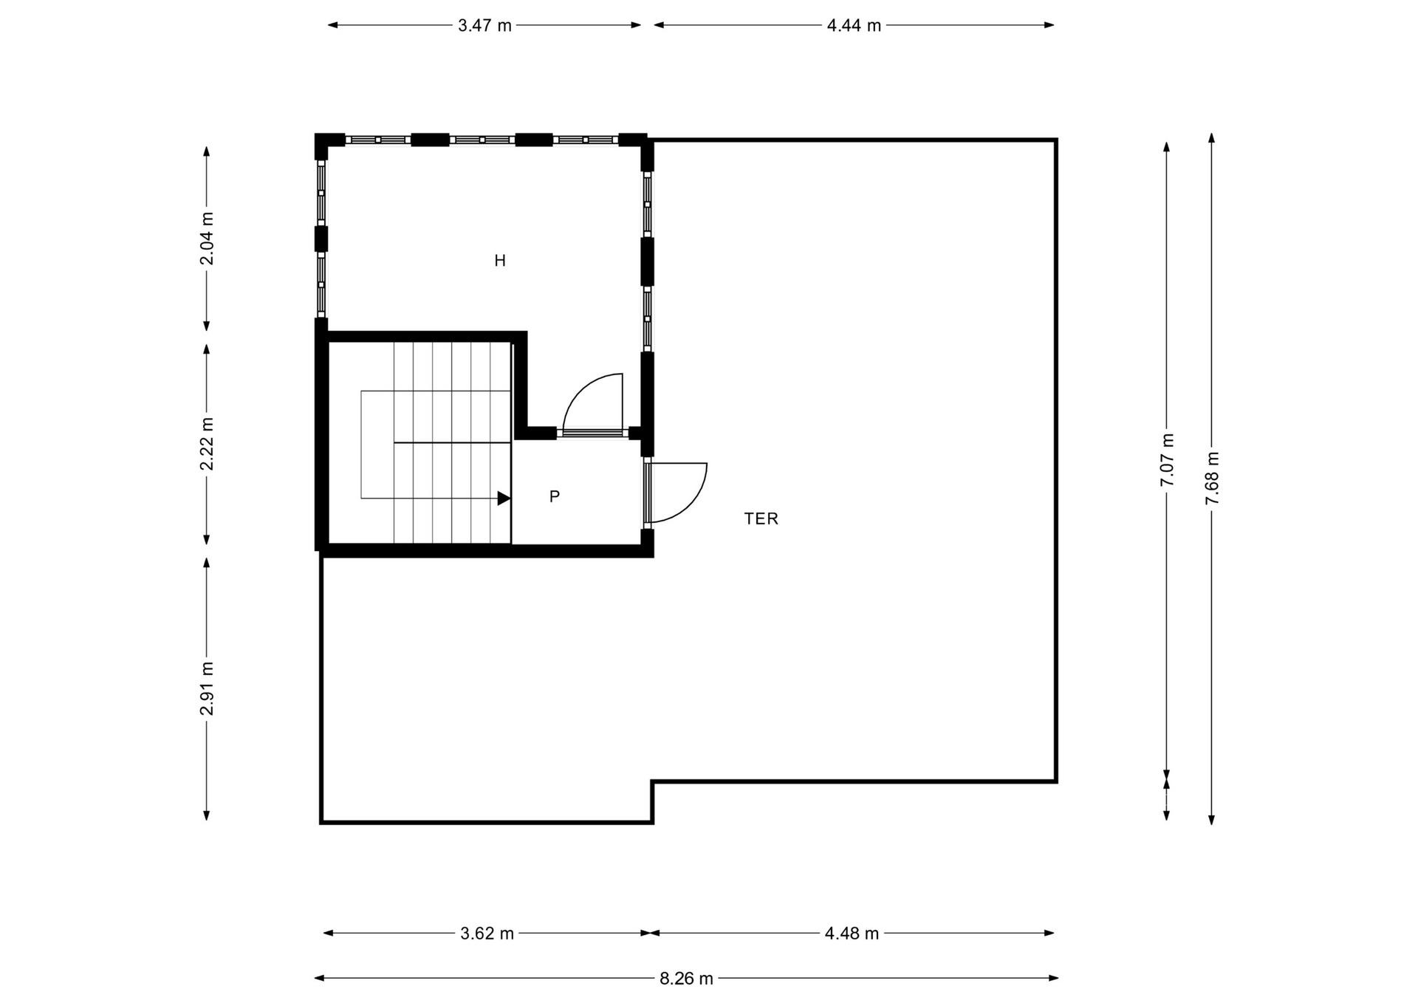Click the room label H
(x=500, y=261)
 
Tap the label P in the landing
(x=555, y=496)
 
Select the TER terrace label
(x=761, y=518)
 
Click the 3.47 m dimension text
(x=484, y=26)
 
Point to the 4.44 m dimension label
(x=854, y=26)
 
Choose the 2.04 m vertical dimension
(x=208, y=238)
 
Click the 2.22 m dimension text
(x=208, y=443)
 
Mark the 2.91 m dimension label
(x=208, y=688)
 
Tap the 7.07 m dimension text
(x=1167, y=459)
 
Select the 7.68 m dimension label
(x=1212, y=478)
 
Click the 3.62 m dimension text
(x=487, y=934)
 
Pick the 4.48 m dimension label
(x=852, y=934)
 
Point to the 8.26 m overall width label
(x=686, y=979)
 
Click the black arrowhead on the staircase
(x=504, y=499)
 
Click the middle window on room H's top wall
(x=482, y=140)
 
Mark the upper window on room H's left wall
(x=321, y=194)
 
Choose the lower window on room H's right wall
(x=648, y=318)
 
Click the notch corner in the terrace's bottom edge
(x=652, y=781)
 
